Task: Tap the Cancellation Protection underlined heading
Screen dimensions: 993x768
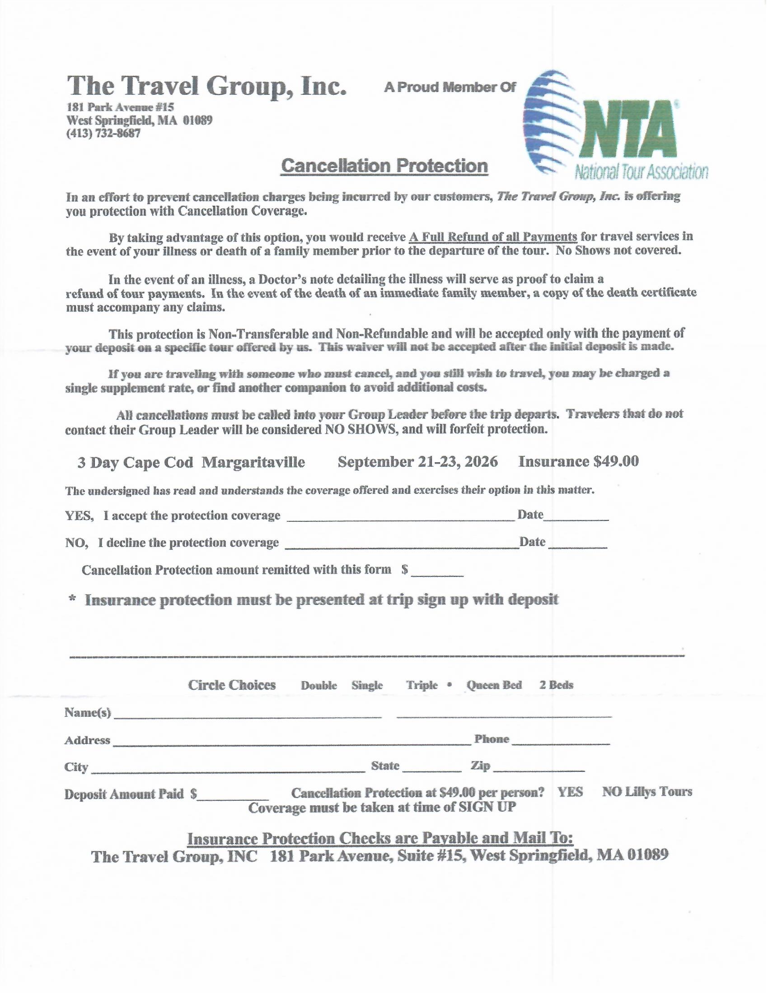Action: point(384,166)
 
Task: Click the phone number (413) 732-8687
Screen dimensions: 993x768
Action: point(104,134)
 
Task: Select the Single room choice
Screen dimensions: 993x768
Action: point(367,685)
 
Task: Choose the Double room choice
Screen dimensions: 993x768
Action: point(318,685)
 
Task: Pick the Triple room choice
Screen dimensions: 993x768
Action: point(422,685)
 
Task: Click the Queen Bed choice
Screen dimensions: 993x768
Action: point(494,685)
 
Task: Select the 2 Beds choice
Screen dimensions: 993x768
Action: point(556,685)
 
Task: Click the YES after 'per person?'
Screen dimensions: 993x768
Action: point(570,792)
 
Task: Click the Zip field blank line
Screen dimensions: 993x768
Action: point(539,770)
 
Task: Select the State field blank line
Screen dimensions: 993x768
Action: point(431,770)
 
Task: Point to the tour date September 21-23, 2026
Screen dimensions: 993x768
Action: point(417,462)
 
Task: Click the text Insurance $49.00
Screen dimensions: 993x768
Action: point(578,461)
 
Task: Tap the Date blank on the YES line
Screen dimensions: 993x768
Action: point(576,519)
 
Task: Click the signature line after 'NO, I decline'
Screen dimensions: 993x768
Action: point(402,547)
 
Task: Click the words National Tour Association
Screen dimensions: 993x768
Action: point(641,172)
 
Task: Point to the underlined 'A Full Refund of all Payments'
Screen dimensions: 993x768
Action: point(493,237)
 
